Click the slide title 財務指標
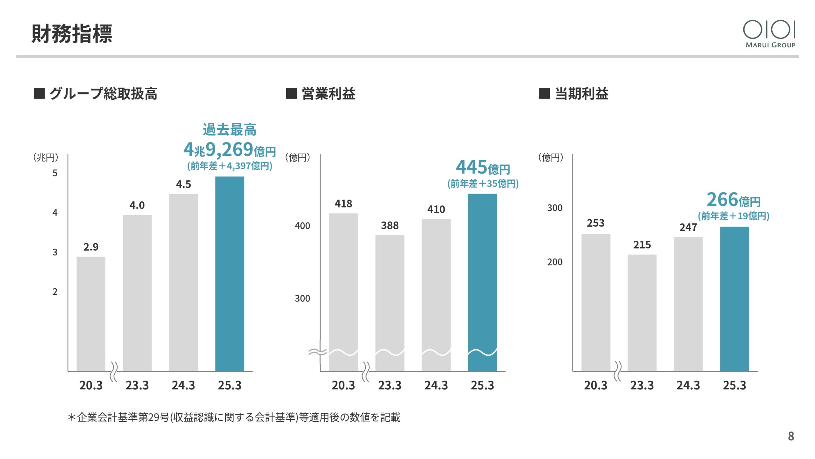click(72, 33)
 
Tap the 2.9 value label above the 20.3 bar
click(91, 247)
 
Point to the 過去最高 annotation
click(230, 130)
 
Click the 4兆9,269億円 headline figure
click(230, 150)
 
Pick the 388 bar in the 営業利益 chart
click(390, 303)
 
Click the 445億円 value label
click(483, 167)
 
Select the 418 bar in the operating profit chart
click(343, 292)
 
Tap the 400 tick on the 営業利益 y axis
click(302, 226)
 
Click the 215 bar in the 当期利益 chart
click(642, 312)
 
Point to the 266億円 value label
click(733, 200)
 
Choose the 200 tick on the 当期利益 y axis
click(555, 262)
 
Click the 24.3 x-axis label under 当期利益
click(688, 385)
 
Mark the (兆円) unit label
click(46, 157)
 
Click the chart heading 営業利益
click(328, 94)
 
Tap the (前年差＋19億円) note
click(733, 216)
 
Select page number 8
click(791, 436)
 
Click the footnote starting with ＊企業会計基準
click(234, 417)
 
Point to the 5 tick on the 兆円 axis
click(55, 173)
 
